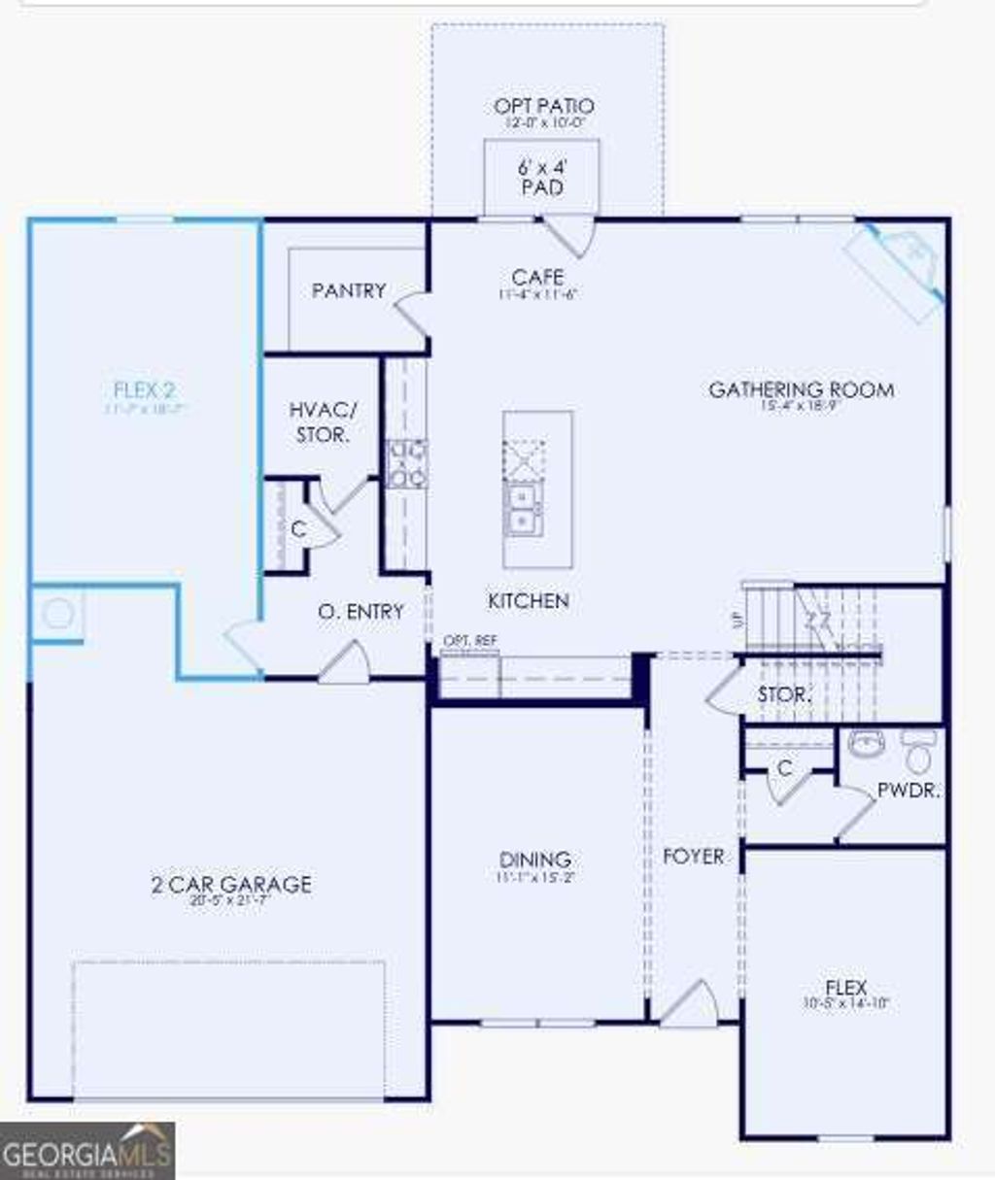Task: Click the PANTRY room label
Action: coord(348,290)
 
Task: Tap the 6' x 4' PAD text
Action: coord(542,177)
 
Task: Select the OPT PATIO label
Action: coord(543,107)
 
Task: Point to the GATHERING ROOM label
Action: coord(801,390)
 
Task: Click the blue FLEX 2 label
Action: coord(145,391)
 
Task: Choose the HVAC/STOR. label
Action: coord(323,422)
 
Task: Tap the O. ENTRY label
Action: coord(360,612)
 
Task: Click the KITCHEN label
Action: coord(528,602)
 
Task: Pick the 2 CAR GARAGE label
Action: coord(231,885)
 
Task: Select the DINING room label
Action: coord(534,860)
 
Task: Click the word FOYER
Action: coord(693,857)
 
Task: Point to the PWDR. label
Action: coord(909,791)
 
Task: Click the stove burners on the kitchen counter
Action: coord(407,463)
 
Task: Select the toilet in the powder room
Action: coord(918,749)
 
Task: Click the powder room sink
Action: coord(865,745)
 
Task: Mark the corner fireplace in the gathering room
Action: coord(898,262)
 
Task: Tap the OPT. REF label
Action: coord(469,641)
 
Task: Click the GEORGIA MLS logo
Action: coord(87,1151)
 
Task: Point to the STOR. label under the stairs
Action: coord(783,695)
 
